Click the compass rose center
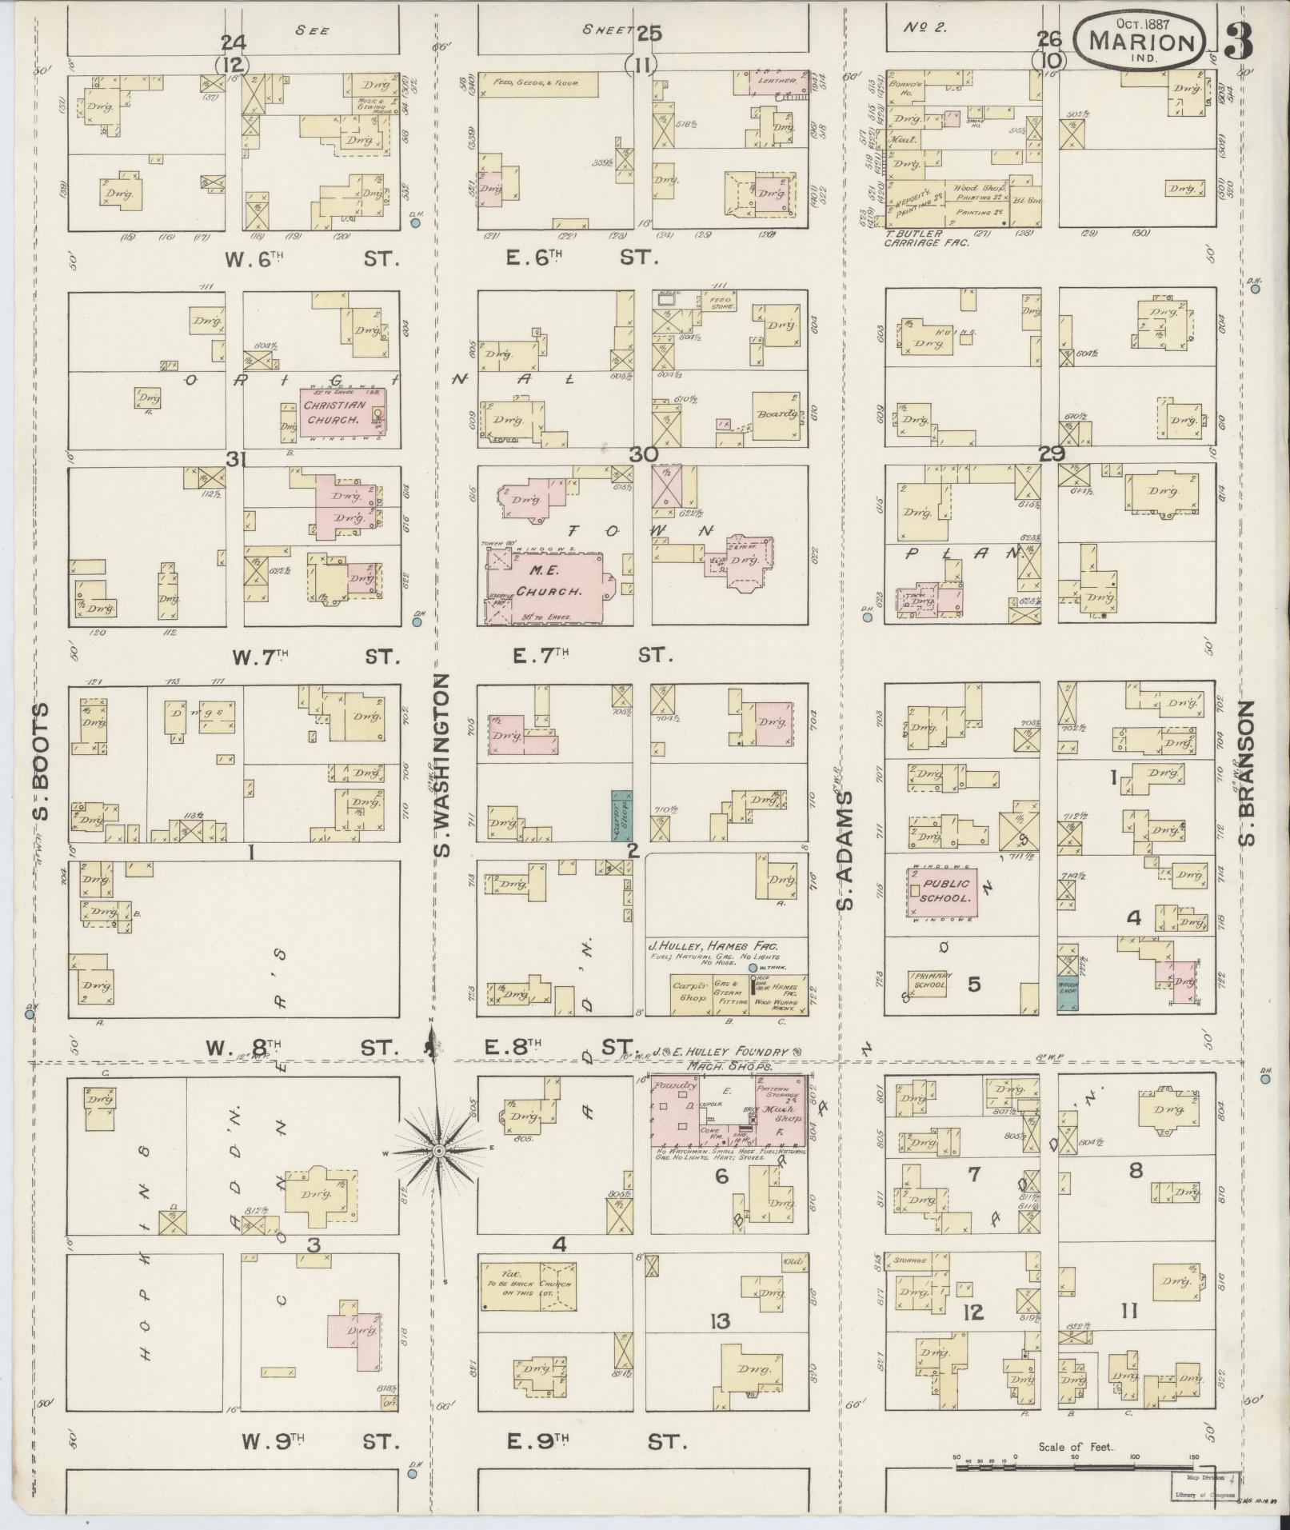tap(438, 1151)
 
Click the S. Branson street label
tap(1245, 773)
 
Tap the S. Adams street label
tap(846, 853)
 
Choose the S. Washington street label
tap(444, 765)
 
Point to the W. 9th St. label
tap(320, 1441)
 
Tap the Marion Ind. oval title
tap(1139, 44)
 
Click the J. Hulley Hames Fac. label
tap(714, 946)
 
